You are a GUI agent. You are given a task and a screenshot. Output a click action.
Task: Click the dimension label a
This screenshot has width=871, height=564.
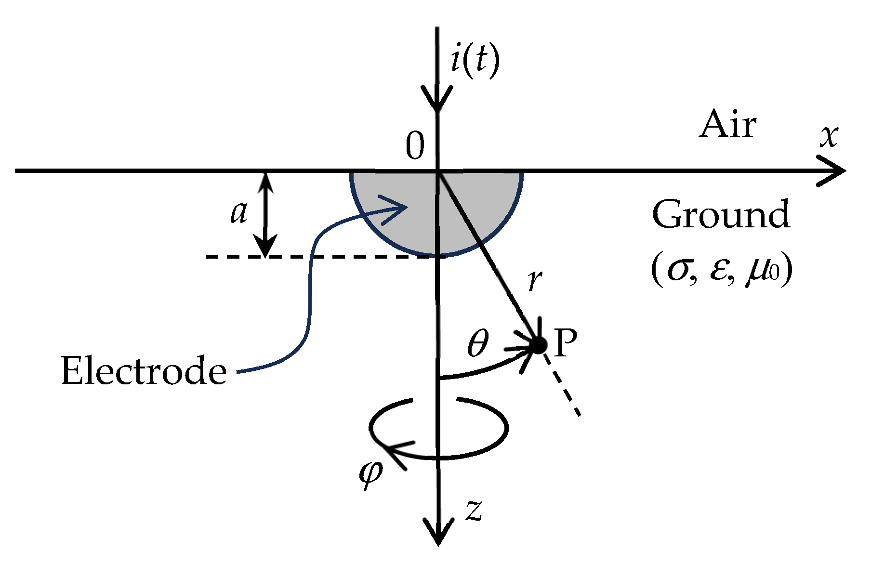pyautogui.click(x=239, y=213)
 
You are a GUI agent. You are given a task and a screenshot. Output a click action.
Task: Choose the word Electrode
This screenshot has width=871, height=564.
pyautogui.click(x=144, y=371)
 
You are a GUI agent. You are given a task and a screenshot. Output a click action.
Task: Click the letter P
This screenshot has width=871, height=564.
pyautogui.click(x=565, y=343)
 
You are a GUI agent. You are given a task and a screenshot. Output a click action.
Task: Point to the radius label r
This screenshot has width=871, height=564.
pyautogui.click(x=533, y=281)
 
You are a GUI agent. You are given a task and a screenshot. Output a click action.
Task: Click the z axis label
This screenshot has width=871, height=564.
pyautogui.click(x=474, y=511)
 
